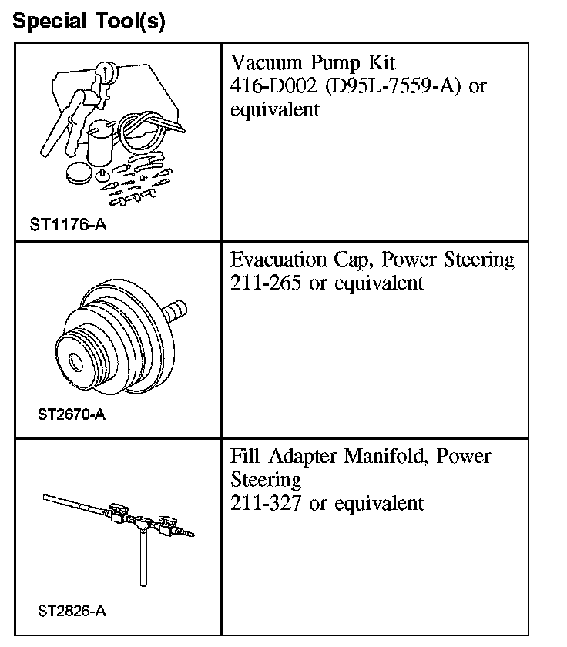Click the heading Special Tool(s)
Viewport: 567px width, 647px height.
pos(89,21)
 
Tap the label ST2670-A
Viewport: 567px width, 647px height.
pos(71,416)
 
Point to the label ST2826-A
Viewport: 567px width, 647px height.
pos(71,612)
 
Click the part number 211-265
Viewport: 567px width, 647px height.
pos(266,283)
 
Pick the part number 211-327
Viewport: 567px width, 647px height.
pos(266,504)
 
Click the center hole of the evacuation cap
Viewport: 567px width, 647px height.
pos(75,360)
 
